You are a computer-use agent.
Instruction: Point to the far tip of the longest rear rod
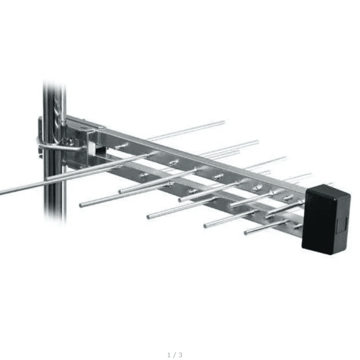(x=224, y=122)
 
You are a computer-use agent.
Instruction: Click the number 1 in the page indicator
(x=169, y=354)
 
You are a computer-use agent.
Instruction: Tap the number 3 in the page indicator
(x=181, y=354)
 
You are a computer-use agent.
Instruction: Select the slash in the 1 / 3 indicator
(x=175, y=354)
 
